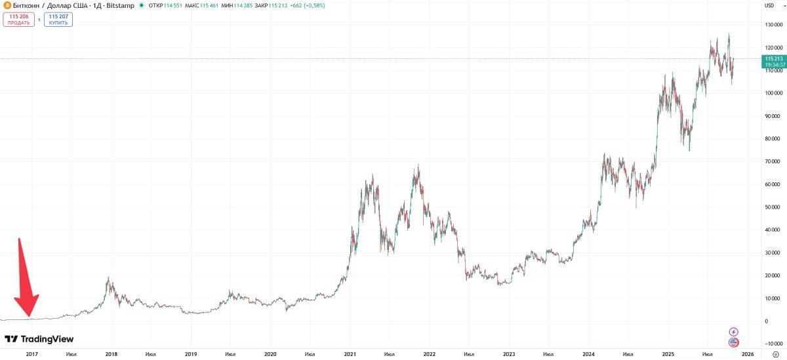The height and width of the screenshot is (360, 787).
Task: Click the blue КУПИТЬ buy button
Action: coord(58,20)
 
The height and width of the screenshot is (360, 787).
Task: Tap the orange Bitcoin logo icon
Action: coord(7,6)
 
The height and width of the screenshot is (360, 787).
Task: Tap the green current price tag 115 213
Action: coord(775,62)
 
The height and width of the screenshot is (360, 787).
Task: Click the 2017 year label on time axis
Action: coord(31,354)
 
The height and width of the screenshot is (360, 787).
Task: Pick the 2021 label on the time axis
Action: coord(350,354)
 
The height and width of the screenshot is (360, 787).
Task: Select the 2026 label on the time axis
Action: coord(748,354)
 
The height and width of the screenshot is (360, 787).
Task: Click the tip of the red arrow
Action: coord(29,319)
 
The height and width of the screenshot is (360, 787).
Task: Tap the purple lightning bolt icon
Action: coord(734,332)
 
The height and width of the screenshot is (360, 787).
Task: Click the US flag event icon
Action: coord(734,342)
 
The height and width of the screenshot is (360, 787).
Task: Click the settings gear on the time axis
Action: coord(775,354)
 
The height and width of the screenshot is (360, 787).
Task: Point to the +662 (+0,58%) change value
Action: coord(308,6)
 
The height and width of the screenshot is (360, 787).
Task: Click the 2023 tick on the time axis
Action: coord(509,354)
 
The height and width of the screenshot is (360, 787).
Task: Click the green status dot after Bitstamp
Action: coord(142,6)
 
